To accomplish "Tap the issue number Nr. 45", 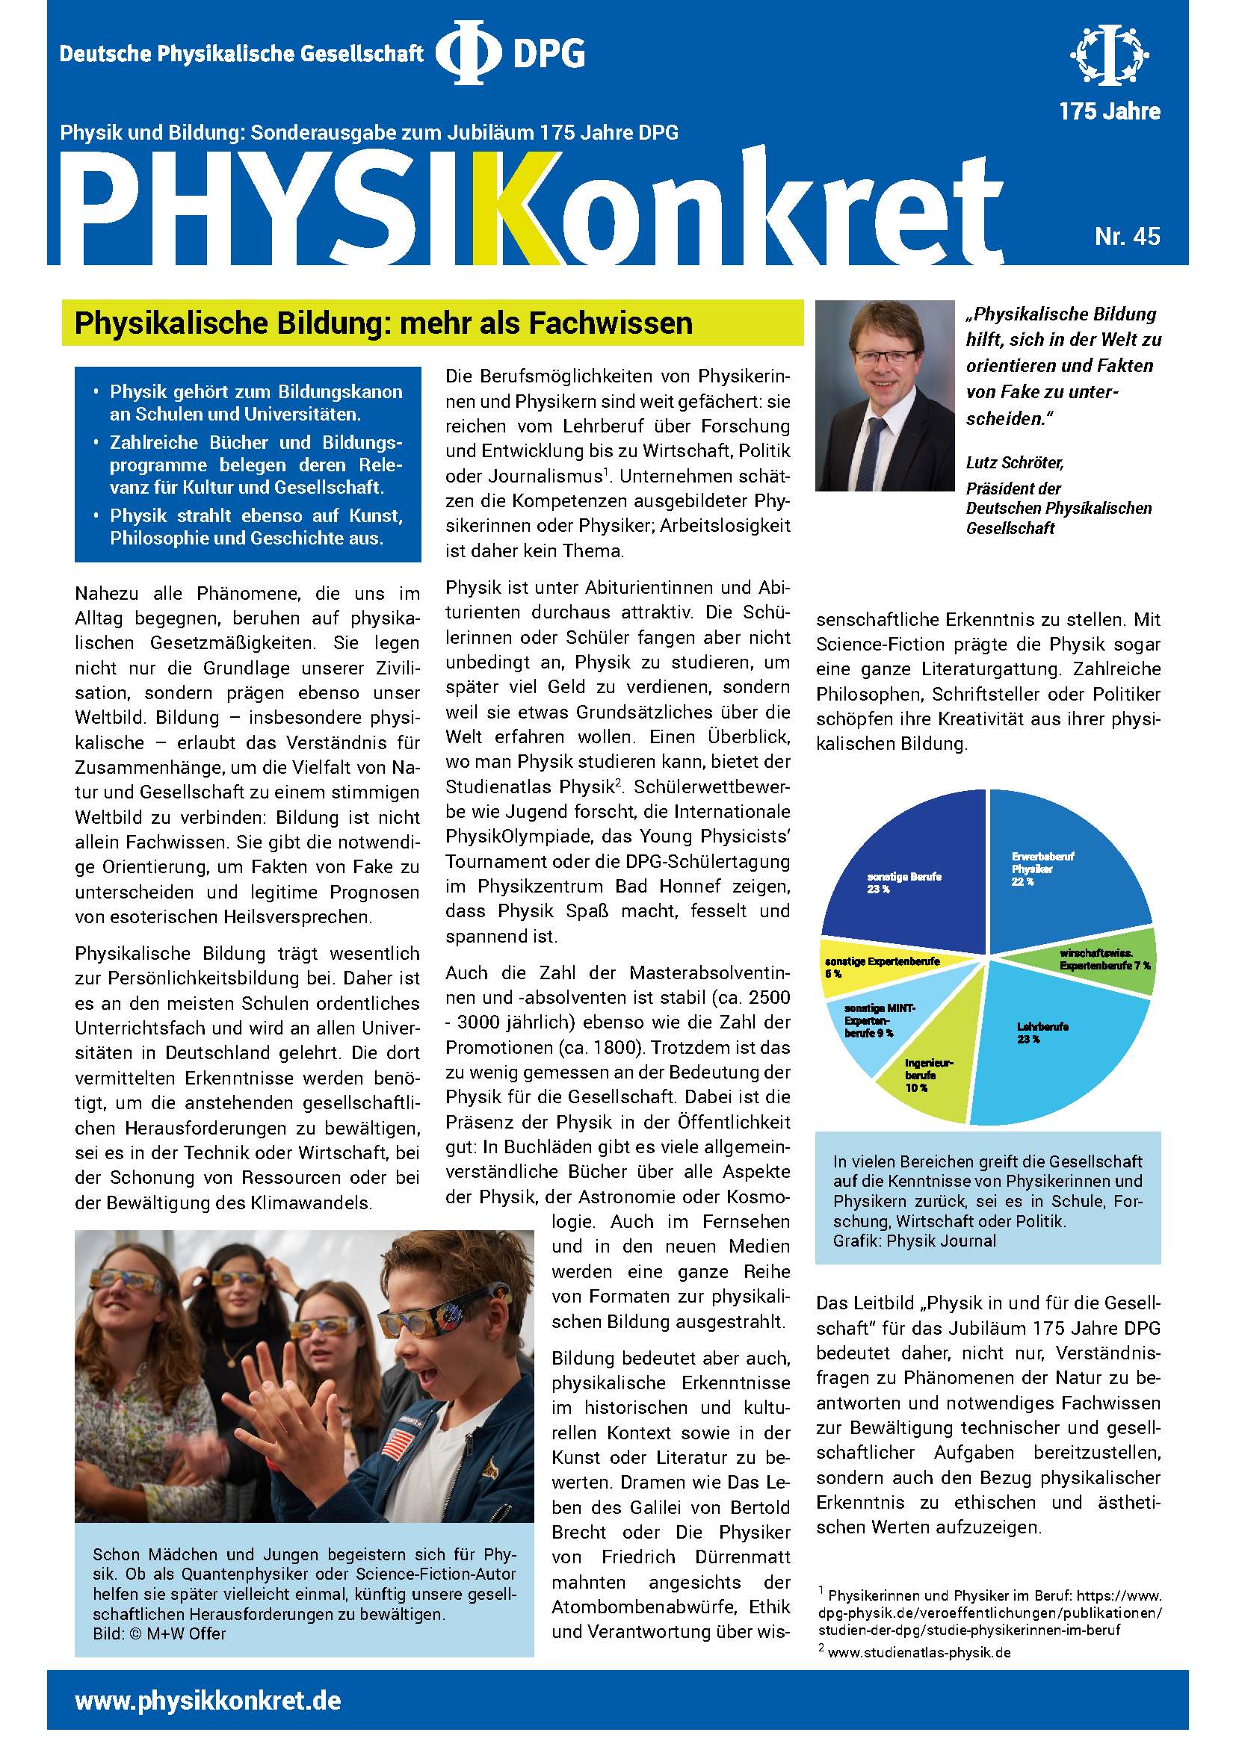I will (x=1127, y=237).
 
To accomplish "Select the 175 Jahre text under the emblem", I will (x=1110, y=112).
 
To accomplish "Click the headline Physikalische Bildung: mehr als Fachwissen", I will (x=383, y=323).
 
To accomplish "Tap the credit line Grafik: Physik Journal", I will (x=914, y=1241).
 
